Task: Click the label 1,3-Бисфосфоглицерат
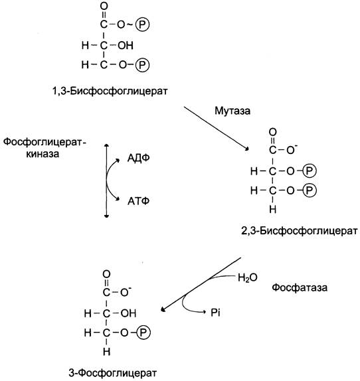tap(110, 91)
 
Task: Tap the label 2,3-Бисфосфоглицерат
tap(300, 230)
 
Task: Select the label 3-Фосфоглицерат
tap(112, 373)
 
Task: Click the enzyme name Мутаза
tap(232, 111)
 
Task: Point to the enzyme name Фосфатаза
tap(300, 287)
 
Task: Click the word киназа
tap(43, 154)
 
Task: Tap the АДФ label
tap(139, 158)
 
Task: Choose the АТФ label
tap(138, 201)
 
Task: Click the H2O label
tap(248, 277)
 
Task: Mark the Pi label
tap(215, 313)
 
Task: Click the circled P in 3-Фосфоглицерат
tap(143, 333)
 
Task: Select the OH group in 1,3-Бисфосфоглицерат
tap(126, 45)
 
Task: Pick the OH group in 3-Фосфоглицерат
tap(128, 313)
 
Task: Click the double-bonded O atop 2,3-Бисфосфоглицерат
tap(273, 132)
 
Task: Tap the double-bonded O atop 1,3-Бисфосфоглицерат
tap(104, 7)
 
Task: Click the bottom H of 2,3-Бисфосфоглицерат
tap(273, 209)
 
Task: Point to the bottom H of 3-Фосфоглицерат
tap(106, 351)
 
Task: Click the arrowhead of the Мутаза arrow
tap(247, 149)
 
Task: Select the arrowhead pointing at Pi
tap(204, 312)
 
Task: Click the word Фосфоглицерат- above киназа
tap(45, 142)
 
